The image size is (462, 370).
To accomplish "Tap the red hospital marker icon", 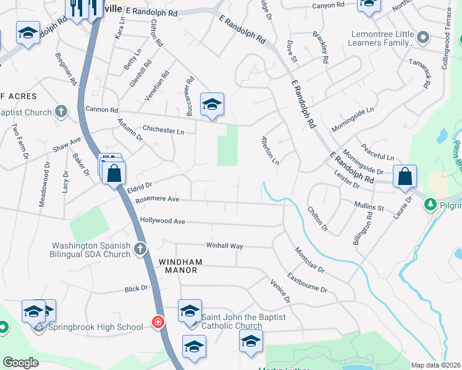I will click(x=158, y=323).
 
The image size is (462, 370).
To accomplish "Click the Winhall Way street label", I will click(x=224, y=245).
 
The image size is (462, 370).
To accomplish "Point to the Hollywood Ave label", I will click(x=162, y=221).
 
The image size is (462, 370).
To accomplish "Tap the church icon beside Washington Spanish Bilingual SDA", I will click(x=140, y=249).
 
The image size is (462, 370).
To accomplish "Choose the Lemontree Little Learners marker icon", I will click(x=423, y=38).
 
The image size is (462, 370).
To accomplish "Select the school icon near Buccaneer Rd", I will click(x=212, y=104).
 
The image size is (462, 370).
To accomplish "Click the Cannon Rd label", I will click(x=101, y=109).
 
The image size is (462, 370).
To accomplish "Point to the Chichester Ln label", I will click(x=163, y=131).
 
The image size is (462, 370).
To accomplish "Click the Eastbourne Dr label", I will click(x=307, y=282).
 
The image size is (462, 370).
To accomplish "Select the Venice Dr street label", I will click(x=280, y=291).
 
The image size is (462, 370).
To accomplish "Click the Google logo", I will click(x=20, y=363).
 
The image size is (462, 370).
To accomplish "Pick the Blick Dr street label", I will click(x=136, y=288).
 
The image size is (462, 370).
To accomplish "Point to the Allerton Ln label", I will click(x=271, y=150).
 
